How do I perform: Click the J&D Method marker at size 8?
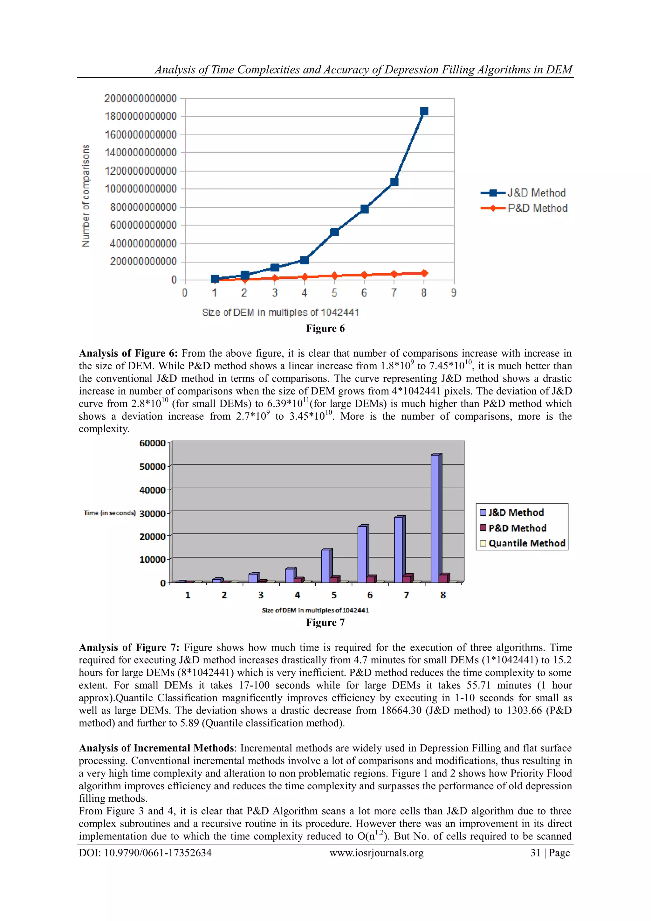click(x=424, y=111)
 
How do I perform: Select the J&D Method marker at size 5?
click(x=334, y=232)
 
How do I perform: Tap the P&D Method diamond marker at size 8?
click(x=424, y=273)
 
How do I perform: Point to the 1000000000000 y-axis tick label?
click(x=141, y=189)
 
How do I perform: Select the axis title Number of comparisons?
click(x=86, y=195)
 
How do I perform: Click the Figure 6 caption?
click(x=325, y=329)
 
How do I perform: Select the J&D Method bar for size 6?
click(x=362, y=554)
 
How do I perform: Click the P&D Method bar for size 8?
click(x=444, y=578)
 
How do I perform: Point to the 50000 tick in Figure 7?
click(x=152, y=466)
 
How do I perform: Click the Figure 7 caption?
click(x=325, y=623)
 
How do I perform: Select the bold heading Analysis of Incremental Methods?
click(x=156, y=748)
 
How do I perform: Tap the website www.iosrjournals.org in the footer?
click(x=376, y=853)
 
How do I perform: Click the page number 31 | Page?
click(x=550, y=853)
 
